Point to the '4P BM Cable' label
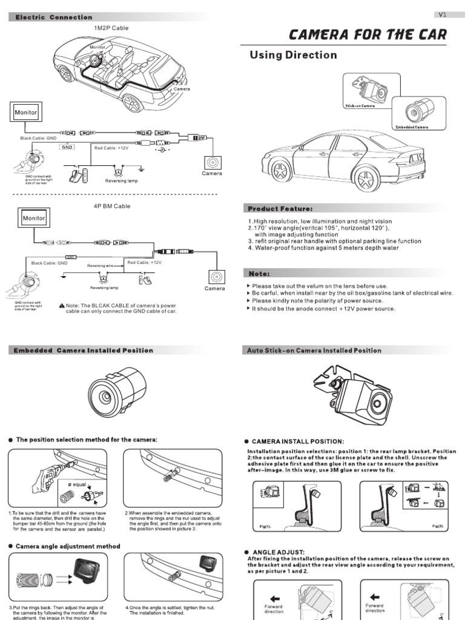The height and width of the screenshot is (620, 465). (112, 206)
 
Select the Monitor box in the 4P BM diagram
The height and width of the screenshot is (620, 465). (34, 218)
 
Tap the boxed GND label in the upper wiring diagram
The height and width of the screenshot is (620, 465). (67, 147)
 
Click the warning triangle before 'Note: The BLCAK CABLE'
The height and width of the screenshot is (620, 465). (62, 306)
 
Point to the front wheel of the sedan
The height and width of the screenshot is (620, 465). (280, 171)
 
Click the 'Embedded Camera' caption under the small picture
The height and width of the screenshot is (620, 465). (414, 128)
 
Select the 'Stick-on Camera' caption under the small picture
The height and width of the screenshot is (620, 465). (360, 106)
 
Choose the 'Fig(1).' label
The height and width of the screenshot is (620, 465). (264, 527)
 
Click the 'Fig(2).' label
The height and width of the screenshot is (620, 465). (438, 527)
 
